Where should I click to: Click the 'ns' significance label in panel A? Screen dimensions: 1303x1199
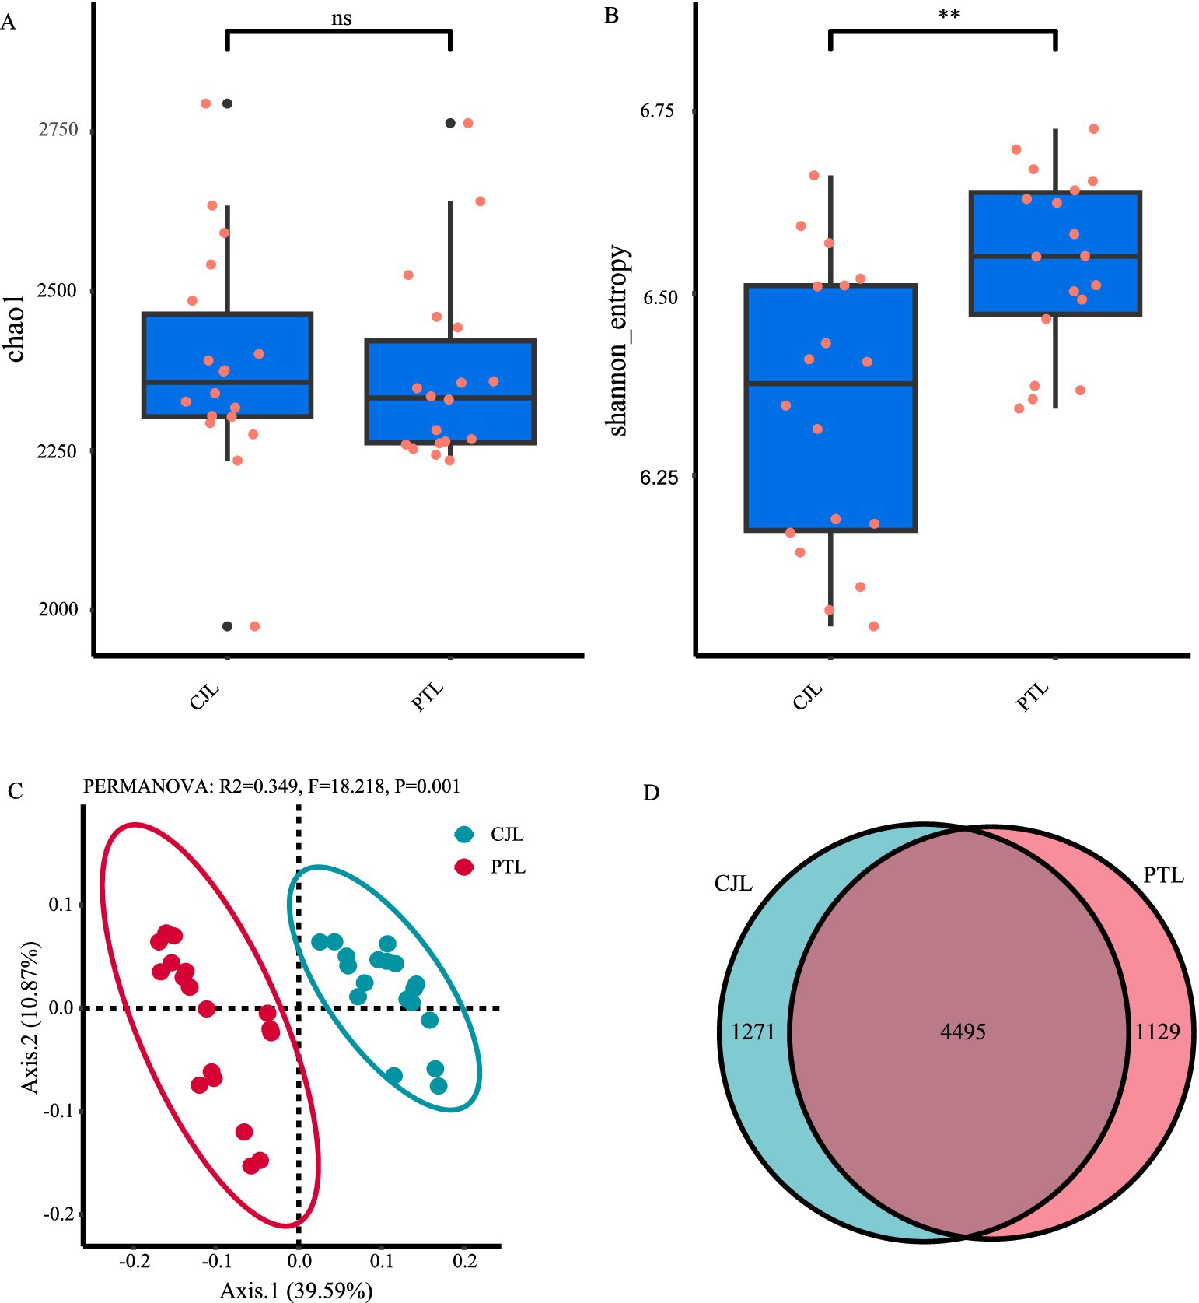pyautogui.click(x=341, y=18)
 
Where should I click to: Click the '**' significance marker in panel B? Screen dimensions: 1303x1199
pyautogui.click(x=949, y=15)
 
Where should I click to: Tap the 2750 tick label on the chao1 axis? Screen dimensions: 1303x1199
pyautogui.click(x=58, y=129)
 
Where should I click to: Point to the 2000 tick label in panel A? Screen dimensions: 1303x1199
pyautogui.click(x=58, y=609)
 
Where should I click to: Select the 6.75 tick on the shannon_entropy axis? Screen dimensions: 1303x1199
pyautogui.click(x=657, y=110)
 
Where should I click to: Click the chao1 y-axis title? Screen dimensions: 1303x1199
pyautogui.click(x=16, y=328)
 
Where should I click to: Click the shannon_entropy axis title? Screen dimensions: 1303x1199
pyautogui.click(x=617, y=340)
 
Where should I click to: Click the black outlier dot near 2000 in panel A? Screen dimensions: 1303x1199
pyautogui.click(x=227, y=626)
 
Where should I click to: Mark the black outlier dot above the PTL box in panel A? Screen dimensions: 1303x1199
pyautogui.click(x=450, y=123)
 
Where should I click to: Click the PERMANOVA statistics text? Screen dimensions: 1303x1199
pyautogui.click(x=271, y=786)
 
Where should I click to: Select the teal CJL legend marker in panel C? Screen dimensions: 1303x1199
pyautogui.click(x=464, y=835)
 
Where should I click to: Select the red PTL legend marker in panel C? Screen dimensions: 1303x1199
pyautogui.click(x=464, y=867)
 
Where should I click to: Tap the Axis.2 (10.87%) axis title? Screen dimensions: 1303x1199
pyautogui.click(x=30, y=1018)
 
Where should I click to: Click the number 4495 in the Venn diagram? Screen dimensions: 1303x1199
pyautogui.click(x=963, y=1032)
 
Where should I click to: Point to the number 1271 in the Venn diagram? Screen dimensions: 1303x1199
pyautogui.click(x=753, y=1032)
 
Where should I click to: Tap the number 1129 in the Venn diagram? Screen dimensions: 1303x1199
pyautogui.click(x=1158, y=1032)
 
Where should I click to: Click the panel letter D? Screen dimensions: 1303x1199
pyautogui.click(x=652, y=793)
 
